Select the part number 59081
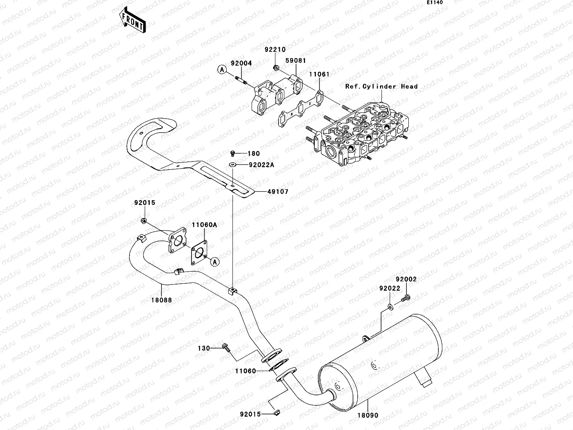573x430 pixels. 295,61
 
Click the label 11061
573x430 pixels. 319,74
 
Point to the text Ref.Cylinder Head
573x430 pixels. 381,87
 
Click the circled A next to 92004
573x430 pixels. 222,70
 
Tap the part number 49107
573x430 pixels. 278,192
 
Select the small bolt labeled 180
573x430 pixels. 232,153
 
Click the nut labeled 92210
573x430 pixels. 275,68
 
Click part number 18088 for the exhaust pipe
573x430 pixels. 162,300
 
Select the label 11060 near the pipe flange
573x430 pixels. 246,371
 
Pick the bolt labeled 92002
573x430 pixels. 405,299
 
